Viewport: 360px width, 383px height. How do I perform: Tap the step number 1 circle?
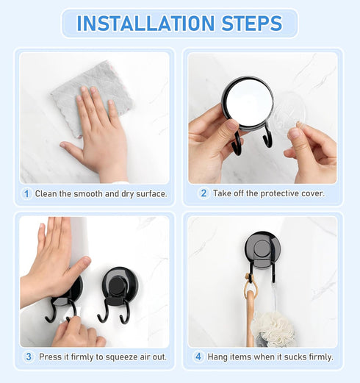[26, 194]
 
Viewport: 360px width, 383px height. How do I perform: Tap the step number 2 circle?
[204, 194]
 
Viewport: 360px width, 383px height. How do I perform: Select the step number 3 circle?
[29, 357]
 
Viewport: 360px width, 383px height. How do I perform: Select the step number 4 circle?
[198, 357]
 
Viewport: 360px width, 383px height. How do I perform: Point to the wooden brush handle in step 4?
[250, 316]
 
